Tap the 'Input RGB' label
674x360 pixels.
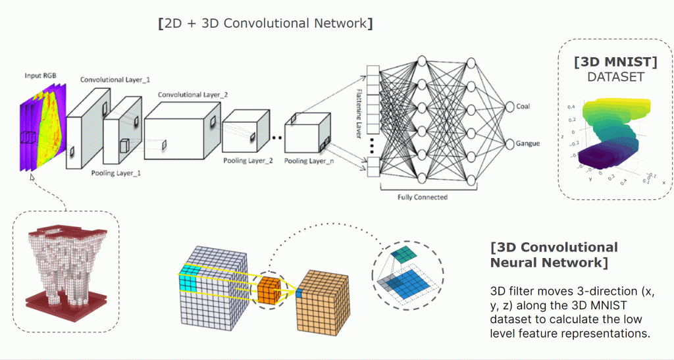(40, 76)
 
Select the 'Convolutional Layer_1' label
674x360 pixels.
(115, 80)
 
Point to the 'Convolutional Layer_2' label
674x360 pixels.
(193, 95)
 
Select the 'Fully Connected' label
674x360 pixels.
(423, 197)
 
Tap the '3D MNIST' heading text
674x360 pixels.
(615, 62)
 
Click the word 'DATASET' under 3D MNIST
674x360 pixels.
(615, 77)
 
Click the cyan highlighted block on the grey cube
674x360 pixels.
(188, 282)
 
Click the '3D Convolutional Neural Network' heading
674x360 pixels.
(554, 255)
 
